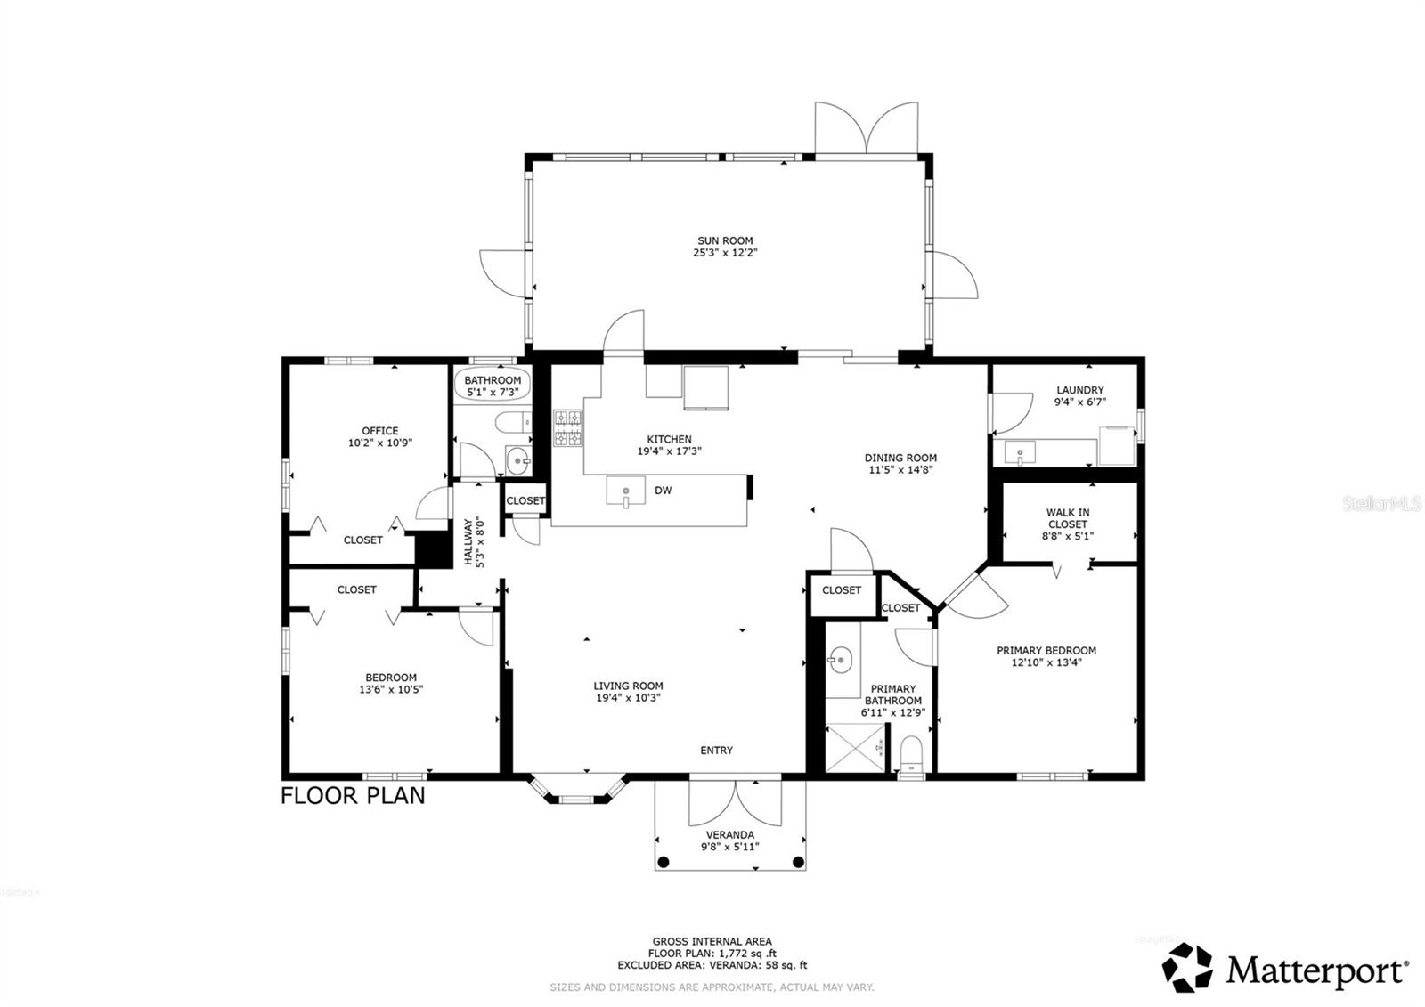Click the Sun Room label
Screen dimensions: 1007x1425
(x=725, y=240)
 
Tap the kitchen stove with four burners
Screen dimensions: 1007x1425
(x=568, y=427)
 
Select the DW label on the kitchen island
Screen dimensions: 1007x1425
(x=663, y=491)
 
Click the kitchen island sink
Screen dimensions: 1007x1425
(x=625, y=491)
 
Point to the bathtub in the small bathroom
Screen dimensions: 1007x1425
(x=493, y=385)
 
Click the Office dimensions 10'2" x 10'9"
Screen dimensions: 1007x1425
(x=380, y=443)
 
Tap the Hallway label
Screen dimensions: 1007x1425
(x=473, y=542)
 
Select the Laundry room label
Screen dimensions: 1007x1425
(x=1079, y=390)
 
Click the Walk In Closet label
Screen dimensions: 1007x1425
(x=1067, y=518)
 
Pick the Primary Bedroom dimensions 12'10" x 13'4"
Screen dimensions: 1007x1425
(x=1046, y=662)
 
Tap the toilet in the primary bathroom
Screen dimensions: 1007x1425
(x=910, y=753)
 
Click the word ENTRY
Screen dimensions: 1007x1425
(x=716, y=751)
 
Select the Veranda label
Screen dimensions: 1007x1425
(x=729, y=835)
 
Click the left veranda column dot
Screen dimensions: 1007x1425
(x=663, y=862)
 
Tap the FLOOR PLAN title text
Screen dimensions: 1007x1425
(x=353, y=796)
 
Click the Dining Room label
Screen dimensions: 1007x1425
(x=900, y=458)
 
